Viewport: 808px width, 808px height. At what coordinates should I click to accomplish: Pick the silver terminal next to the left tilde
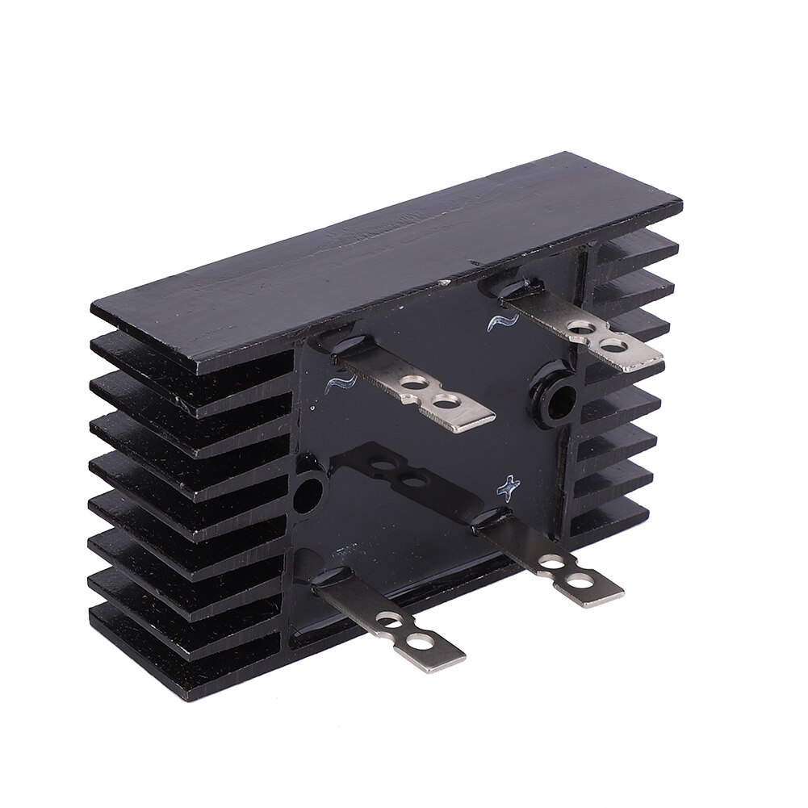pos(420,391)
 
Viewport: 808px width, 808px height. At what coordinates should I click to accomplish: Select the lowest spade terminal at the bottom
pos(387,622)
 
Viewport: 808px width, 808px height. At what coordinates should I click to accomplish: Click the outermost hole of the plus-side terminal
pos(578,580)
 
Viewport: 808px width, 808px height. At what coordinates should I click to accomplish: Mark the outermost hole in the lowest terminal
pos(419,643)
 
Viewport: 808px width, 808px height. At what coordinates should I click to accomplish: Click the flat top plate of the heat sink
pos(387,258)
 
